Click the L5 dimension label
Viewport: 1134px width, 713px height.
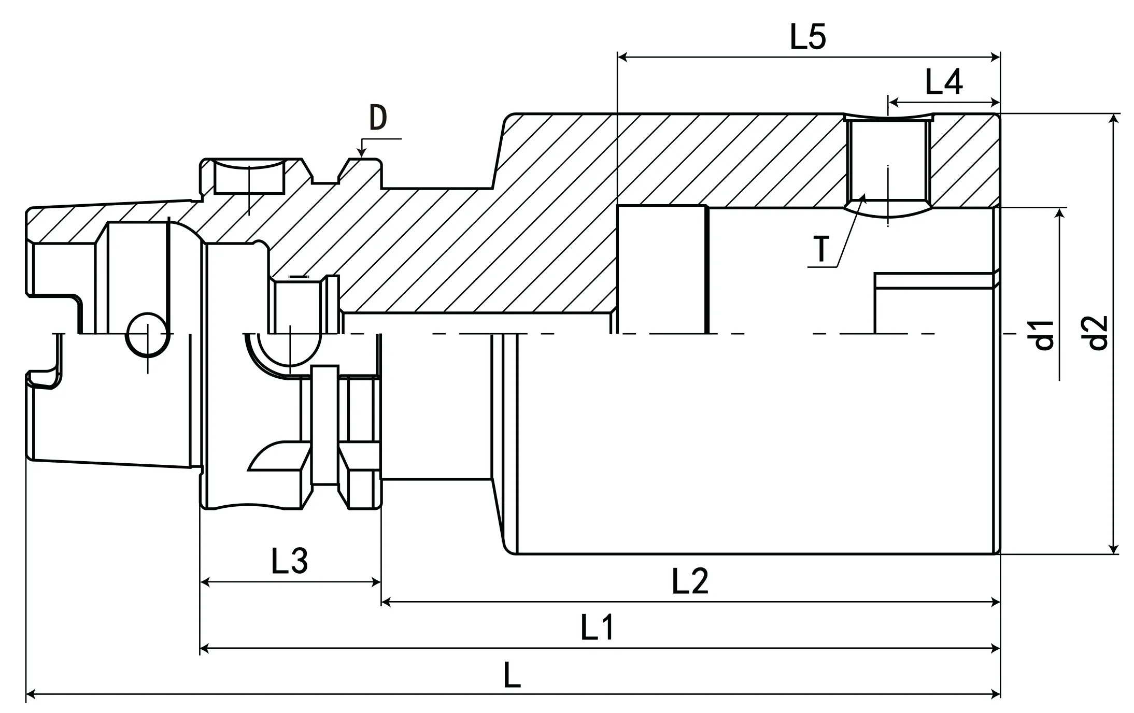(x=807, y=37)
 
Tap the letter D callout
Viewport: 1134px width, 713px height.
(x=378, y=118)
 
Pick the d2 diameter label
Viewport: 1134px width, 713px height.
(x=1097, y=333)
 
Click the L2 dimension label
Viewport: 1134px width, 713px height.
(x=689, y=581)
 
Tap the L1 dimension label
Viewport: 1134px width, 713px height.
(x=597, y=628)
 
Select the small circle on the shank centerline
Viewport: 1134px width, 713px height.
(x=148, y=334)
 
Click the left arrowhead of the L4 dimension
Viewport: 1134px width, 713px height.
(x=892, y=102)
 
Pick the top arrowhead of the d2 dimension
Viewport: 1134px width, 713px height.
(x=1113, y=119)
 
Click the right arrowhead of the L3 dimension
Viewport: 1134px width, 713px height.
(x=376, y=582)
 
